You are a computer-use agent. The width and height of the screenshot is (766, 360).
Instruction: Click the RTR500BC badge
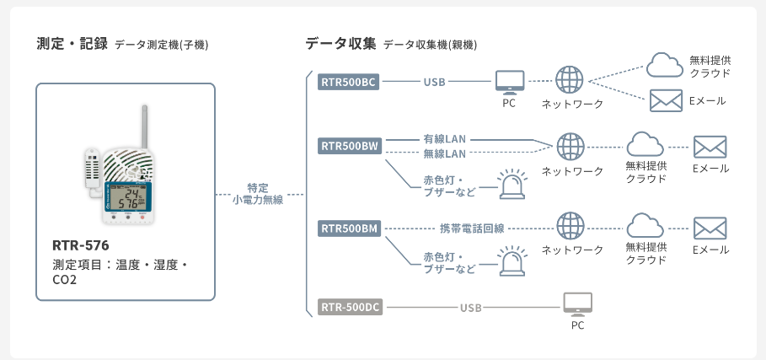[x=348, y=83]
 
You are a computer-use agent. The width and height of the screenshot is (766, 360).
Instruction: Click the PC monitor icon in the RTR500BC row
[x=508, y=81]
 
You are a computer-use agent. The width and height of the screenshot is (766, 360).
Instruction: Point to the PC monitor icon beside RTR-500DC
[x=577, y=304]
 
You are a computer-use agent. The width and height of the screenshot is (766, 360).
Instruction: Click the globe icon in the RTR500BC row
[x=570, y=80]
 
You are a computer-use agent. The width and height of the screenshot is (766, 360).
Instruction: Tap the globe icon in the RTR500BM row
[x=570, y=227]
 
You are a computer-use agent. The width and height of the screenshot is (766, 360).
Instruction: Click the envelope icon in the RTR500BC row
[x=666, y=100]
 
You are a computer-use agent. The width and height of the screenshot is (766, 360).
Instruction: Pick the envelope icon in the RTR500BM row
[x=710, y=228]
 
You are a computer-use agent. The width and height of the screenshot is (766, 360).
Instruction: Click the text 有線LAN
[x=444, y=137]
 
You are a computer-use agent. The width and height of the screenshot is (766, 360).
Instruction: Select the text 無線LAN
[x=444, y=153]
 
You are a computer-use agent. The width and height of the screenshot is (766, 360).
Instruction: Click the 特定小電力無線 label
[x=258, y=193]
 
